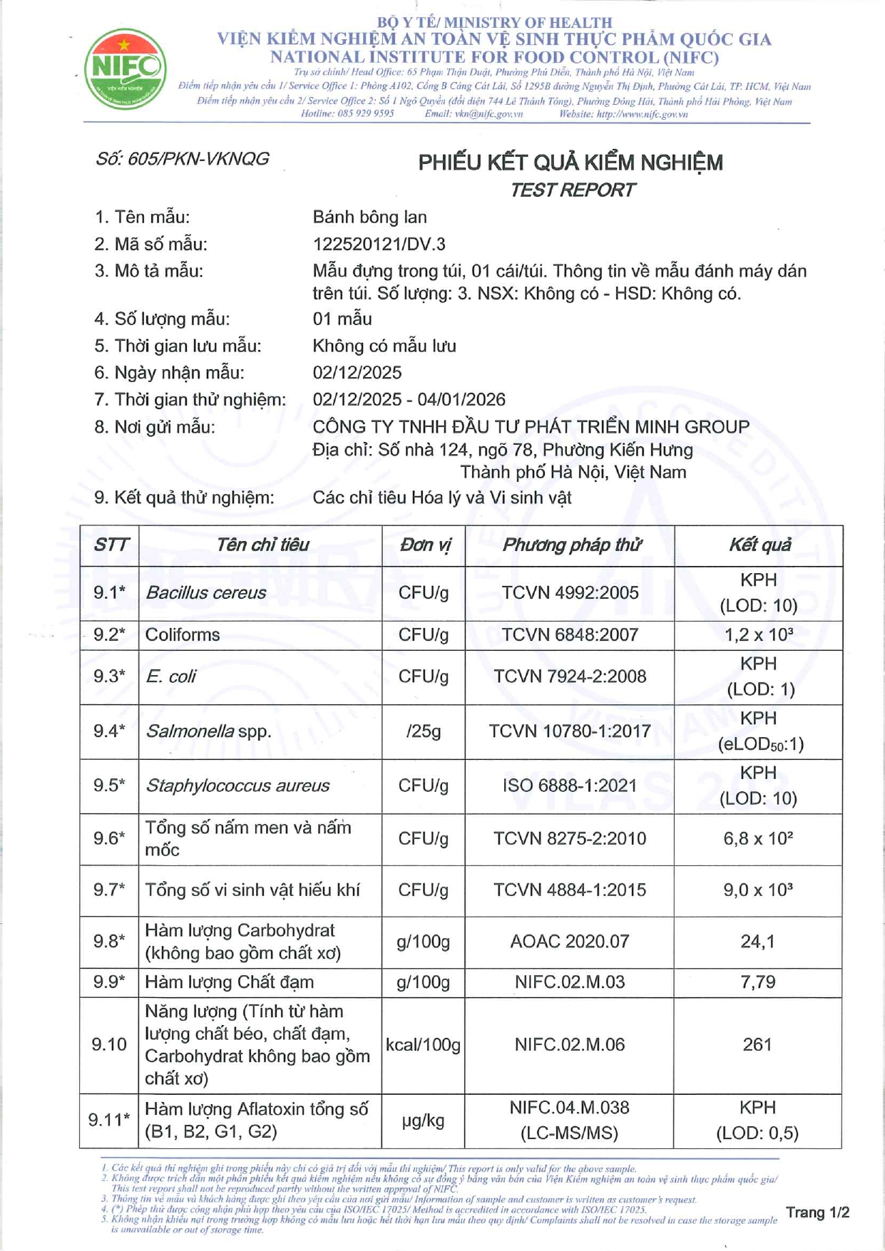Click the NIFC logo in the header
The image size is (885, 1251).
coord(126,69)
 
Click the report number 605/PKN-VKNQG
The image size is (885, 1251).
coord(183,159)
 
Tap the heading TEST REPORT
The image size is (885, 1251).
coord(572,190)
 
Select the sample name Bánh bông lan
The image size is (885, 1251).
coord(369,217)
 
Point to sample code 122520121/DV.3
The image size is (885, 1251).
coord(379,244)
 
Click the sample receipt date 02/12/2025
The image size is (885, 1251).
coord(357,373)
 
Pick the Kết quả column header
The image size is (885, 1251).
coord(759,545)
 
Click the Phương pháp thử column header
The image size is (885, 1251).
coord(571,545)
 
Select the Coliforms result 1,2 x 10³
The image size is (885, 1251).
coord(758,634)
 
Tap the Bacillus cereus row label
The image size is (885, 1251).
coord(205,593)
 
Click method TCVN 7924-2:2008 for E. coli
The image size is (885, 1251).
coord(570,676)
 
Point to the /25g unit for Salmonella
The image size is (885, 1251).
coord(424,731)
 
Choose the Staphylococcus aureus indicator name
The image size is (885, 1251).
coord(237,786)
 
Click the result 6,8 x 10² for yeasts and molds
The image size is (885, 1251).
coord(758,839)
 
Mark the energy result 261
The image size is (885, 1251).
coord(757,1045)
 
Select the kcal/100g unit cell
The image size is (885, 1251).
coord(424,1045)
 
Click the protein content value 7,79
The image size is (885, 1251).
coord(757,982)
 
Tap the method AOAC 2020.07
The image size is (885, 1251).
coord(570,942)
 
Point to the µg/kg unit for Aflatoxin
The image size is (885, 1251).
coord(424,1121)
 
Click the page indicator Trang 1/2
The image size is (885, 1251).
coord(817,1213)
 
